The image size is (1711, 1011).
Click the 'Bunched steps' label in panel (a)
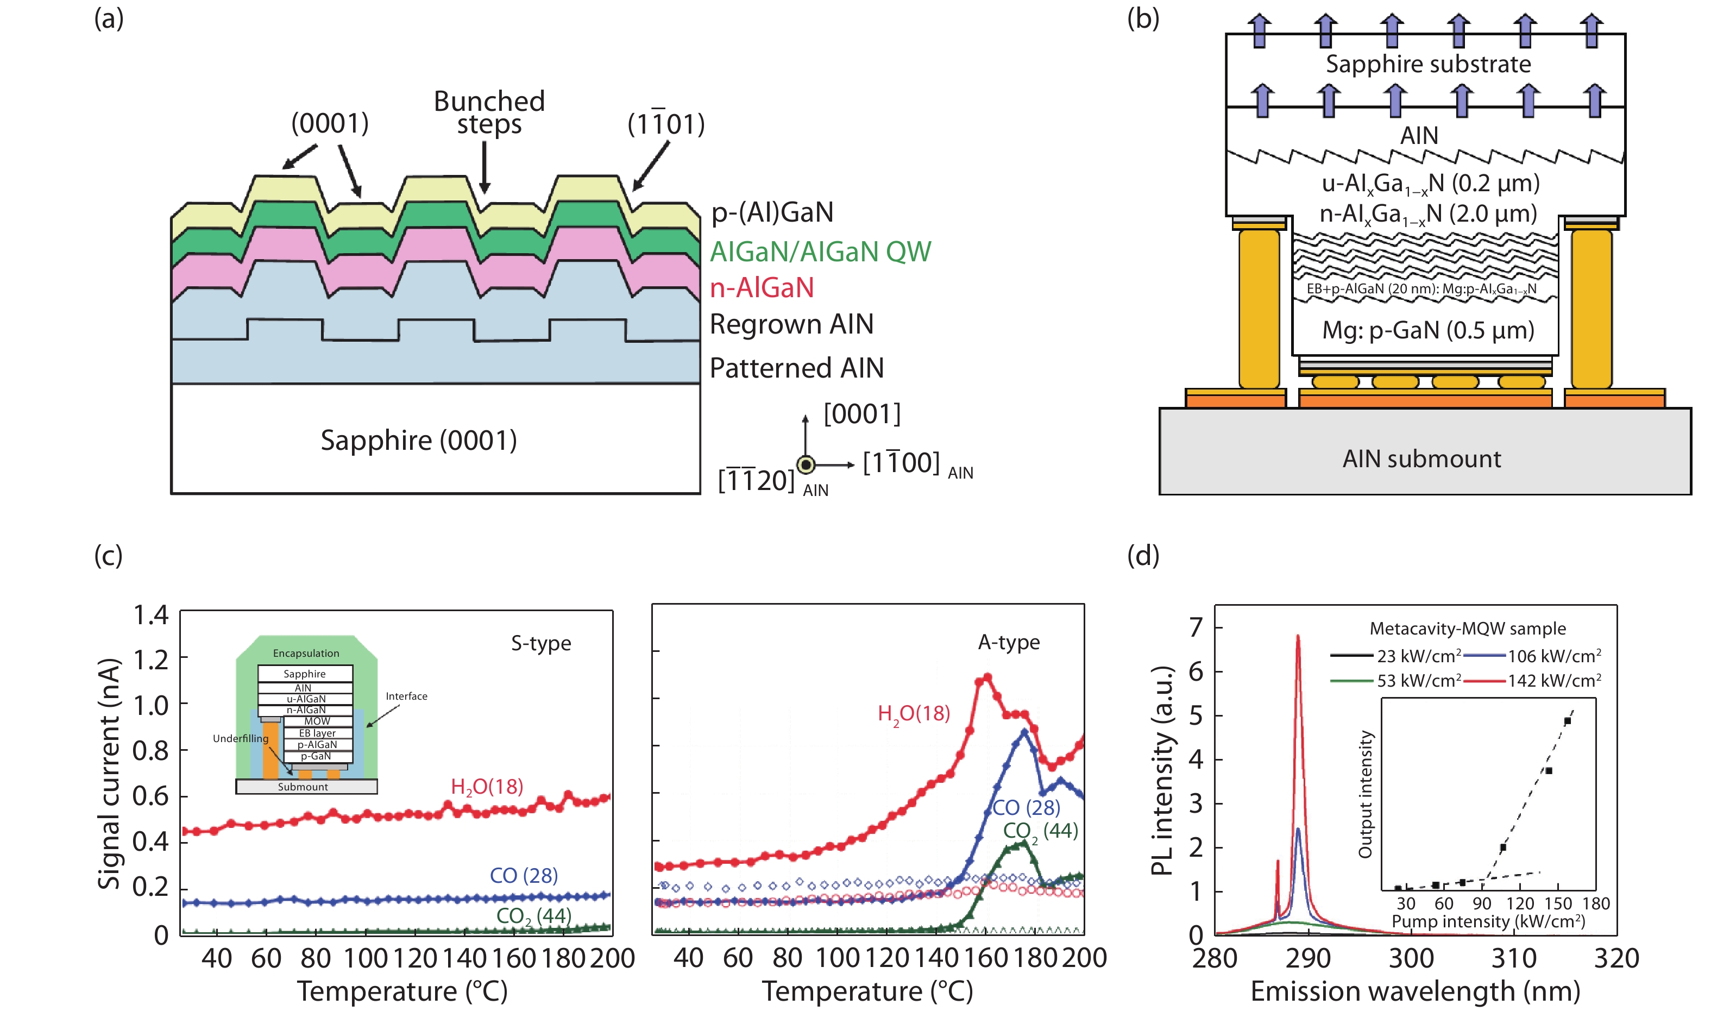tap(489, 112)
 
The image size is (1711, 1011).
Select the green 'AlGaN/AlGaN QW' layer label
tap(820, 252)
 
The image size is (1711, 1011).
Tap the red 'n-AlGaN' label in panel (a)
tap(762, 287)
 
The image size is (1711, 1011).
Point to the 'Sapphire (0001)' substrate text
tap(418, 440)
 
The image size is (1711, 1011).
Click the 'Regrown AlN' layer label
tap(791, 324)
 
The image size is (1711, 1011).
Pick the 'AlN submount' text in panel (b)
tap(1421, 459)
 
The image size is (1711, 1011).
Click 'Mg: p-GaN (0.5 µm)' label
tap(1427, 330)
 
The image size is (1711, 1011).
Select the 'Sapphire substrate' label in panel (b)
tap(1427, 64)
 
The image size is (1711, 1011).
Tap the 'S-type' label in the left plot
tap(541, 643)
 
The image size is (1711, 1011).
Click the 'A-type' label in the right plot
tap(1008, 643)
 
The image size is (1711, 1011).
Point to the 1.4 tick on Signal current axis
tap(150, 615)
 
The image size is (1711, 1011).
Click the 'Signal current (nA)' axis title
tap(109, 773)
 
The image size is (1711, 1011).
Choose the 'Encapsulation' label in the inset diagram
tap(306, 654)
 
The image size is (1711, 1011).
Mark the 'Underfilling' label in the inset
tap(241, 738)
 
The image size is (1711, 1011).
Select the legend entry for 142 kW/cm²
tap(1532, 681)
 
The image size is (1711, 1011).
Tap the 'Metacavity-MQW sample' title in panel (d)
tap(1467, 628)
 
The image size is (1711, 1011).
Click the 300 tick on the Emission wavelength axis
tap(1411, 958)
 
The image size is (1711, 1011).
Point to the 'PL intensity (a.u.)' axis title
tap(1163, 770)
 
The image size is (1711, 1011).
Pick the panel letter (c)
tap(108, 555)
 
